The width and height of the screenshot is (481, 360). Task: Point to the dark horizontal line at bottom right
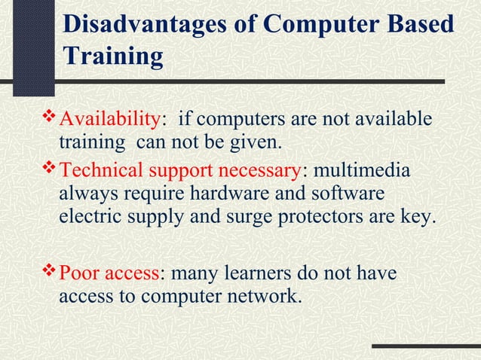(426, 348)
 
